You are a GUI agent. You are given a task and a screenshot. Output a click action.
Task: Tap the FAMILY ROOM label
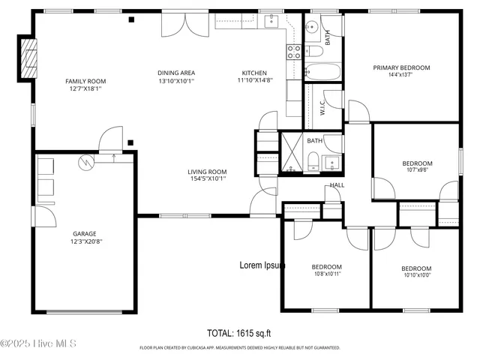(85, 81)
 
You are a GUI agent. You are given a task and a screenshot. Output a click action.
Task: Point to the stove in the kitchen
(294, 51)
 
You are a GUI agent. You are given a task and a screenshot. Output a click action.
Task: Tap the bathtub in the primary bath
(323, 73)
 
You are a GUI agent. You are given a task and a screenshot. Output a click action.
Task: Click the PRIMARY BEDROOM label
(402, 67)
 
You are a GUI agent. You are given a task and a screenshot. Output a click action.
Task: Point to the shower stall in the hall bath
(291, 154)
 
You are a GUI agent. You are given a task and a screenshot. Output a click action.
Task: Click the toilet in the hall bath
(312, 160)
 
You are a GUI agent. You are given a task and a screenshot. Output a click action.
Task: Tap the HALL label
(337, 185)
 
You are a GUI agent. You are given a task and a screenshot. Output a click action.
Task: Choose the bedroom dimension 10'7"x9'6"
(416, 170)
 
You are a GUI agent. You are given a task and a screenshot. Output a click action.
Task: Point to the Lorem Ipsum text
(262, 265)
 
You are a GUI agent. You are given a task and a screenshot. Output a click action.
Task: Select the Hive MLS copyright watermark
(39, 343)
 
